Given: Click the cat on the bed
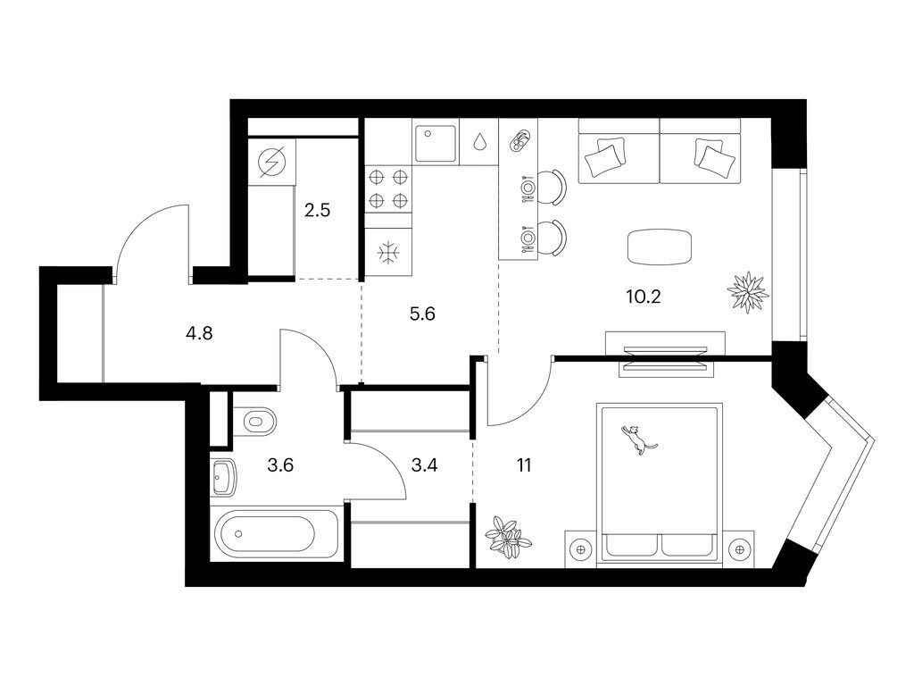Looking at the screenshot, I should [636, 439].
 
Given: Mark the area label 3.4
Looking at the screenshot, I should [425, 464].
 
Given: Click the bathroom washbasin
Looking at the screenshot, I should [223, 477].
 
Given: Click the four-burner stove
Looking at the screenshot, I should [388, 188].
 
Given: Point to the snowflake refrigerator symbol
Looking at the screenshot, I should [388, 254].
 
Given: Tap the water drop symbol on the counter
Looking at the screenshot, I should [480, 141].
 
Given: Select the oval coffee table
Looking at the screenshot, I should [659, 247].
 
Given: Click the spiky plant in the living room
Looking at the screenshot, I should [746, 291].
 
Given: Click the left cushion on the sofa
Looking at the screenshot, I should [604, 157].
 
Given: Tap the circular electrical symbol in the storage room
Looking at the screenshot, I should [269, 162].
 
